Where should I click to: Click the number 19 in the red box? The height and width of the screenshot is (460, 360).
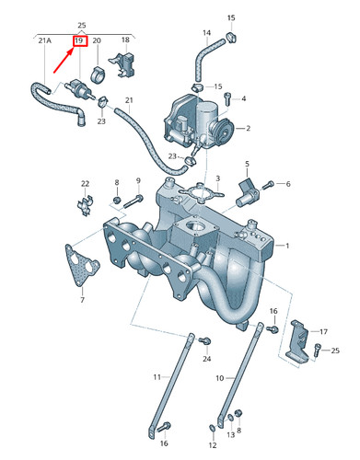(80, 41)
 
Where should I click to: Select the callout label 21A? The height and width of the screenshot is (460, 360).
(44, 41)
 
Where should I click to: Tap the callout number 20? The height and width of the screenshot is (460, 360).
(97, 41)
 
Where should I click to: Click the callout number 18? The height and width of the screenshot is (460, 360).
(125, 41)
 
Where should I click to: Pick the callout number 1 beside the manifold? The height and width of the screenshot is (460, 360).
(286, 246)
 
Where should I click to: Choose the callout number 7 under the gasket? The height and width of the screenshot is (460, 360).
(81, 301)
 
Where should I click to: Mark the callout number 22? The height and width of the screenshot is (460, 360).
(85, 183)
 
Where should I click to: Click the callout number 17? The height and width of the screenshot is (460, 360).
(322, 330)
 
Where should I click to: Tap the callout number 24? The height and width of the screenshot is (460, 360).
(206, 358)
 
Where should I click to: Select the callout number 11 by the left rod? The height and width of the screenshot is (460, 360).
(157, 377)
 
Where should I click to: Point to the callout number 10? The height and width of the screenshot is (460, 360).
(220, 377)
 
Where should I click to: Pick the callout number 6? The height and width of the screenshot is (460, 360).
(287, 184)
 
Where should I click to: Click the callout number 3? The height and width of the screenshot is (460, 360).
(217, 178)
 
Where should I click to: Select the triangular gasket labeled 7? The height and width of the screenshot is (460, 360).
(79, 264)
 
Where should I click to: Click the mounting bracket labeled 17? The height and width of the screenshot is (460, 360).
(298, 338)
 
